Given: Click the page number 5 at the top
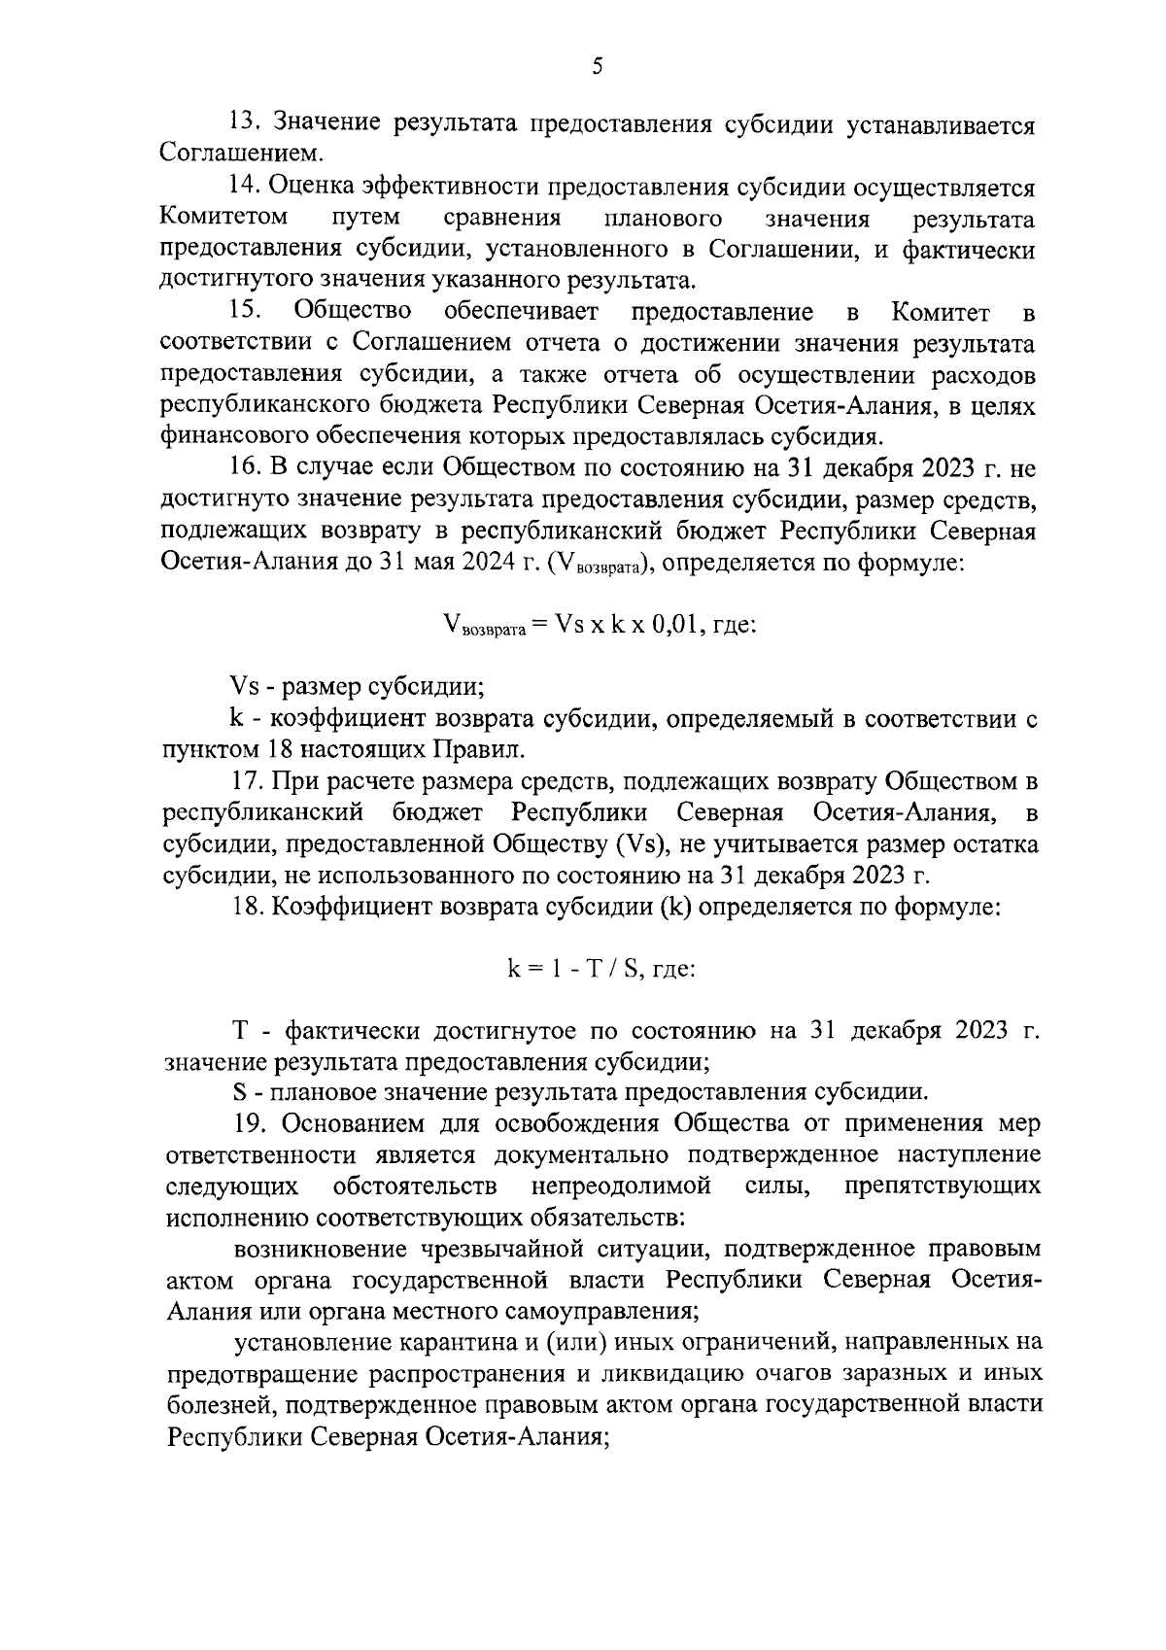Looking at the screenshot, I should (x=597, y=66).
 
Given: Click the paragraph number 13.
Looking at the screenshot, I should (x=242, y=123).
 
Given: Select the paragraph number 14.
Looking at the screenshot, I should (x=242, y=187).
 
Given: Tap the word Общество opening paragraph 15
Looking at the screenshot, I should (x=352, y=312).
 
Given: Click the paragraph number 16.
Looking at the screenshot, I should (x=242, y=468).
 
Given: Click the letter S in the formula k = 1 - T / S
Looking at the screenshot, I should (x=631, y=970).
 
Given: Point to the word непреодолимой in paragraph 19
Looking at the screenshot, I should (x=621, y=1186).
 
